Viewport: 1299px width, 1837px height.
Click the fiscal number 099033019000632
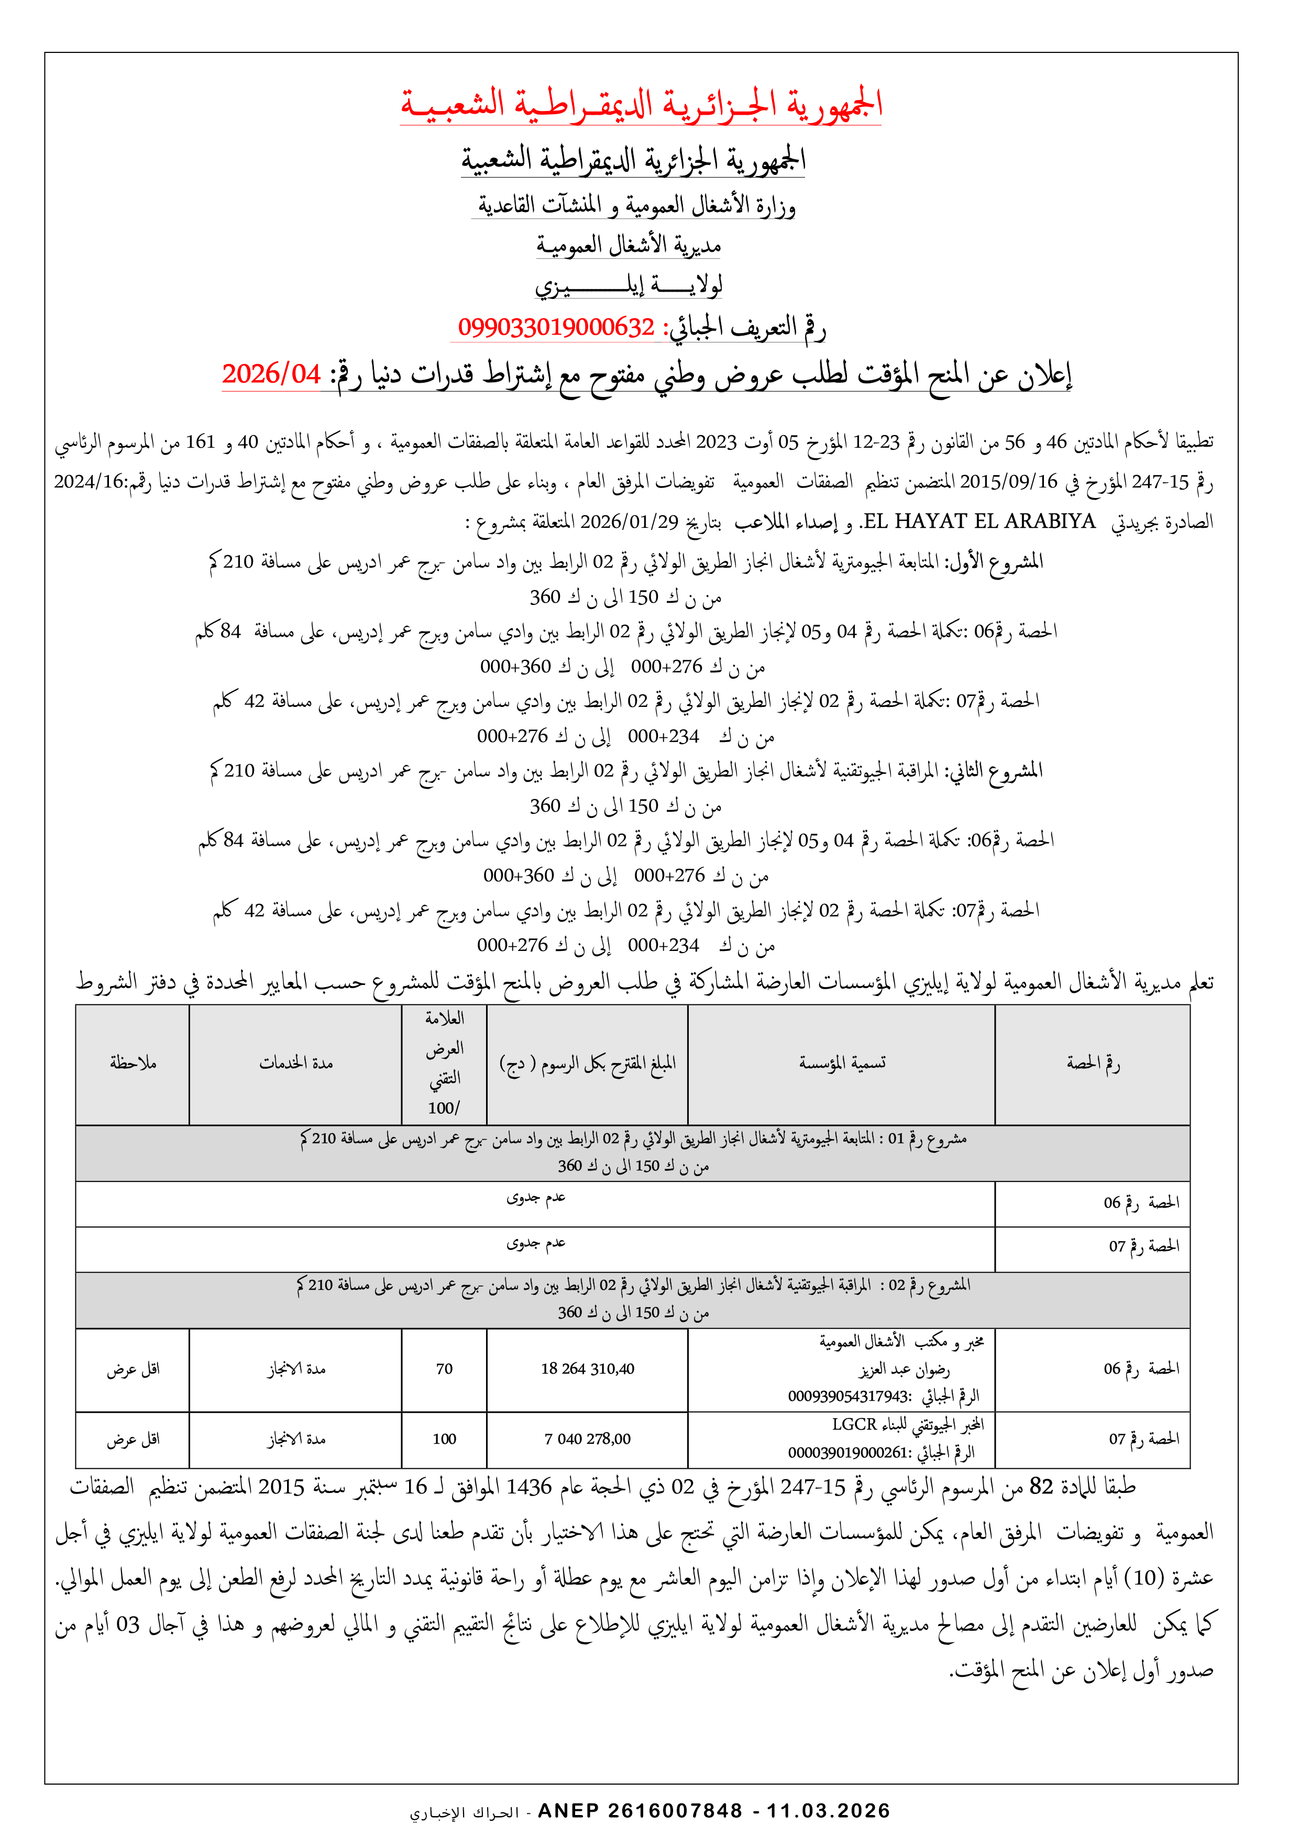[x=556, y=327]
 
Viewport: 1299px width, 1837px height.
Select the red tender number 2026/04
[x=271, y=374]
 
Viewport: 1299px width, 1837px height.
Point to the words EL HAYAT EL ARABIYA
[x=979, y=522]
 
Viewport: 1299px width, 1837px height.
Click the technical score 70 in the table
[x=444, y=1369]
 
